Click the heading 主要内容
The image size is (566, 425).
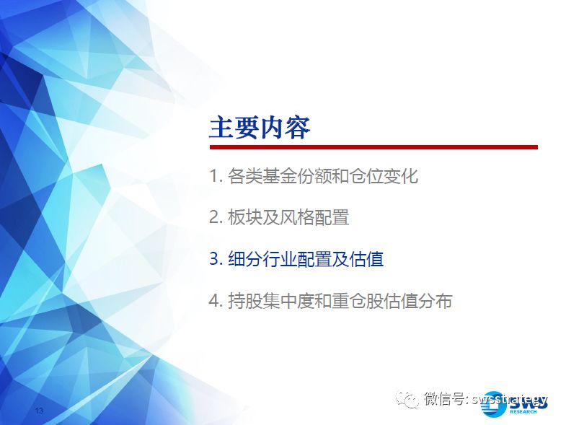(x=260, y=128)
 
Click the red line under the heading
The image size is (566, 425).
(x=373, y=147)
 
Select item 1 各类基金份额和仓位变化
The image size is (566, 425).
(x=314, y=176)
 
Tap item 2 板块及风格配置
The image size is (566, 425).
(x=279, y=218)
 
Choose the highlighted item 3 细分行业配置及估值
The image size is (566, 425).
(x=296, y=259)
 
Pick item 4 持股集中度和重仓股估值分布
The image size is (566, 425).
(x=331, y=301)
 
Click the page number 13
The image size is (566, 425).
(x=39, y=410)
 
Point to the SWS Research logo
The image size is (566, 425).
(x=515, y=403)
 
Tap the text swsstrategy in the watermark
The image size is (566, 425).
(x=509, y=399)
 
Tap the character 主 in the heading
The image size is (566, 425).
(x=221, y=128)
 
